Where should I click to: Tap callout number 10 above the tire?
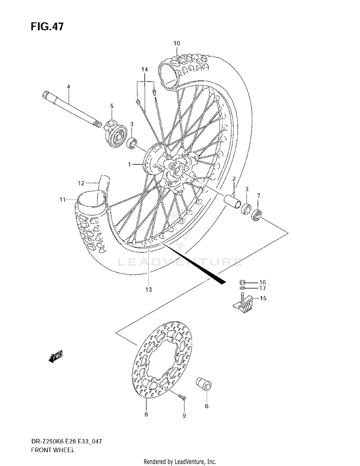(x=177, y=44)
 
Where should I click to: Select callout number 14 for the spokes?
(x=144, y=70)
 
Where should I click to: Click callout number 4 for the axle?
(x=68, y=87)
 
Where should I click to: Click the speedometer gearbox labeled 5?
(x=116, y=133)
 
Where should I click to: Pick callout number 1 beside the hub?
(x=129, y=164)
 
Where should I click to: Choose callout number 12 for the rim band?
(x=81, y=183)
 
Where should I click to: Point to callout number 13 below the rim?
(x=148, y=289)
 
